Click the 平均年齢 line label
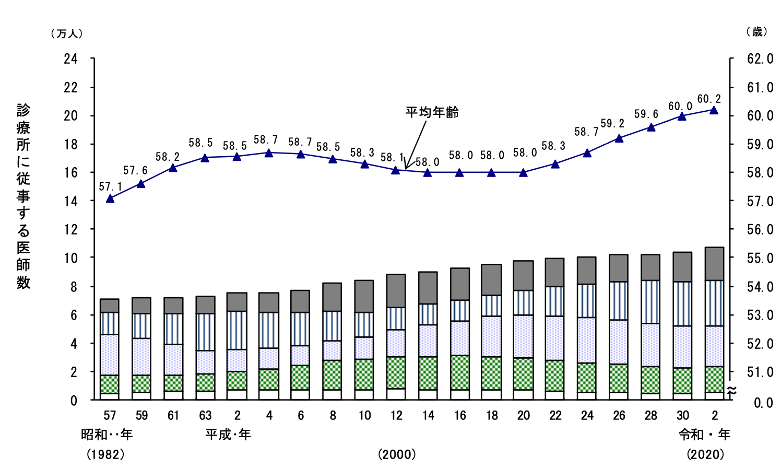tap(432, 112)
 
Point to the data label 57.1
tap(110, 186)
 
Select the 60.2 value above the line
tap(709, 99)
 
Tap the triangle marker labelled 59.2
tap(619, 138)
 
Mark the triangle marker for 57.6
tap(141, 183)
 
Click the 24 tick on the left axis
tap(70, 58)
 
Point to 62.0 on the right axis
tap(760, 58)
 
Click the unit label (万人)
tap(66, 33)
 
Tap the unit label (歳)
tap(756, 32)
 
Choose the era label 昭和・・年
tap(106, 435)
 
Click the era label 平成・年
tap(228, 435)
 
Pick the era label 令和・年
tap(704, 435)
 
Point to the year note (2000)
tap(397, 454)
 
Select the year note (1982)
tap(105, 454)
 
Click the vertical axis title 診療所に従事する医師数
tap(23, 196)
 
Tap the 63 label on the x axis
tap(205, 416)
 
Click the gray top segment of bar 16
tap(460, 284)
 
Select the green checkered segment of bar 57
tap(110, 384)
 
